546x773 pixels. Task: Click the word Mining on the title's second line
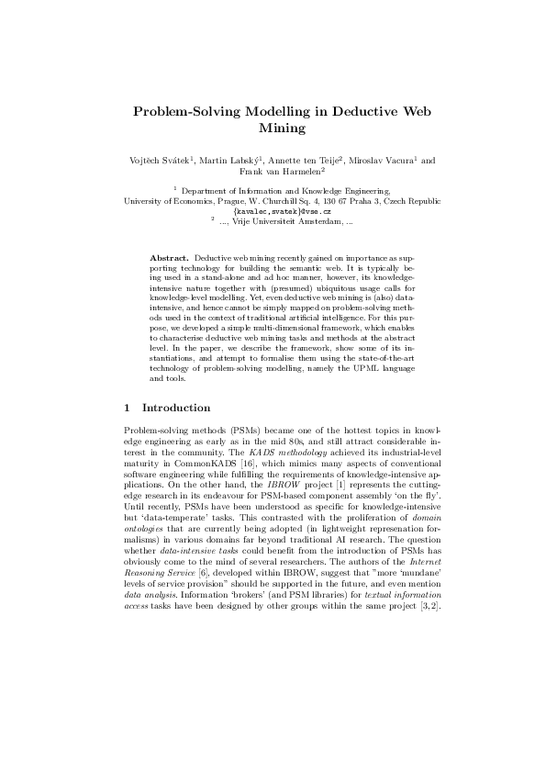(x=273, y=129)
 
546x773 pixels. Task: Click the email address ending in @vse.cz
(x=273, y=210)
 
